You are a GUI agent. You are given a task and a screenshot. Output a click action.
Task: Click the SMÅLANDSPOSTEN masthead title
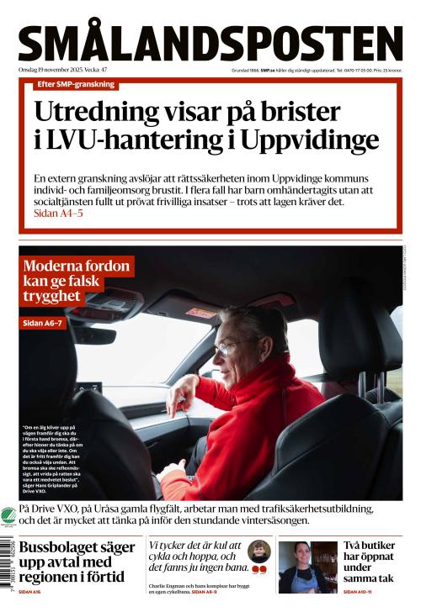(210, 43)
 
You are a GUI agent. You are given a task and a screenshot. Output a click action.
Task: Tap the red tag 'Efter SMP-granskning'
(76, 84)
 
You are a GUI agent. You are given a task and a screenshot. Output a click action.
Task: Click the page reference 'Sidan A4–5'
(58, 214)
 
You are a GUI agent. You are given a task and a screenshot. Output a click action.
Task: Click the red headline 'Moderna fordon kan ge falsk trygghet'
(77, 282)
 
